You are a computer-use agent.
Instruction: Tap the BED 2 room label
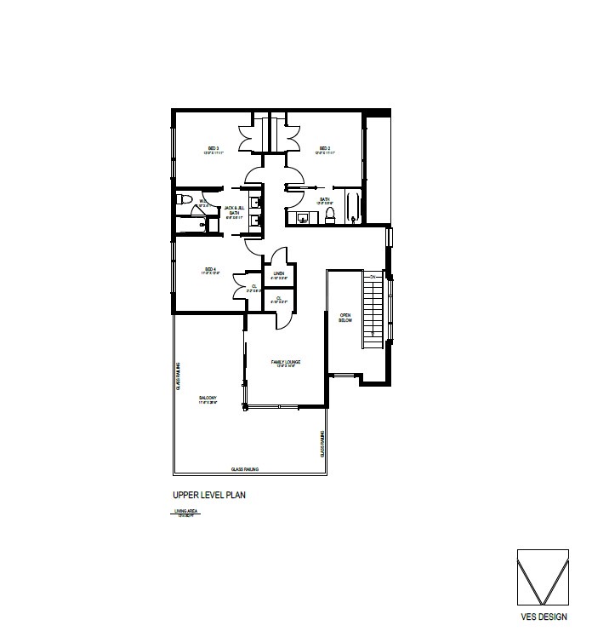[324, 149]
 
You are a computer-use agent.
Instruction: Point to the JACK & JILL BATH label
[234, 211]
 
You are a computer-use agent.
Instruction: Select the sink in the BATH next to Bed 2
[303, 218]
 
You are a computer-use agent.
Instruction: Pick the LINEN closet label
[278, 273]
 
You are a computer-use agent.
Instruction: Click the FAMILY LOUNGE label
[286, 363]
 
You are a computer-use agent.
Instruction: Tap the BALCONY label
[208, 398]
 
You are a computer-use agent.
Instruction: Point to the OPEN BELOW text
[345, 317]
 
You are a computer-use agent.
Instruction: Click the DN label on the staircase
[372, 278]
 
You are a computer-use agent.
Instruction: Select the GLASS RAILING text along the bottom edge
[245, 469]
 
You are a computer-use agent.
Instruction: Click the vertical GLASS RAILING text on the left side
[179, 376]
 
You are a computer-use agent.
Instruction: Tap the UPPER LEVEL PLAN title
[209, 494]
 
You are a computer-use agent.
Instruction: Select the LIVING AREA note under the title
[185, 512]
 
